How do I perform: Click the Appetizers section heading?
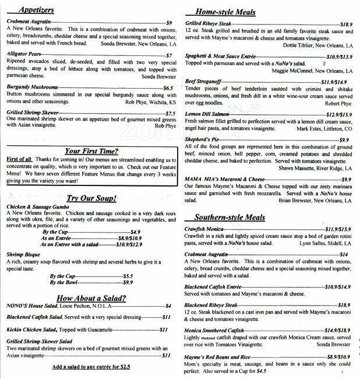coord(37,9)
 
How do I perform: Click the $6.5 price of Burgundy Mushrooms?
coord(168,88)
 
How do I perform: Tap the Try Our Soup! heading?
coord(91,198)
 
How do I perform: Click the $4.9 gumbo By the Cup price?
coord(135,231)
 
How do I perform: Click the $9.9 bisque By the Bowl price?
coord(128,282)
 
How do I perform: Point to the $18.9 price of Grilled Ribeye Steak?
coord(345,24)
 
